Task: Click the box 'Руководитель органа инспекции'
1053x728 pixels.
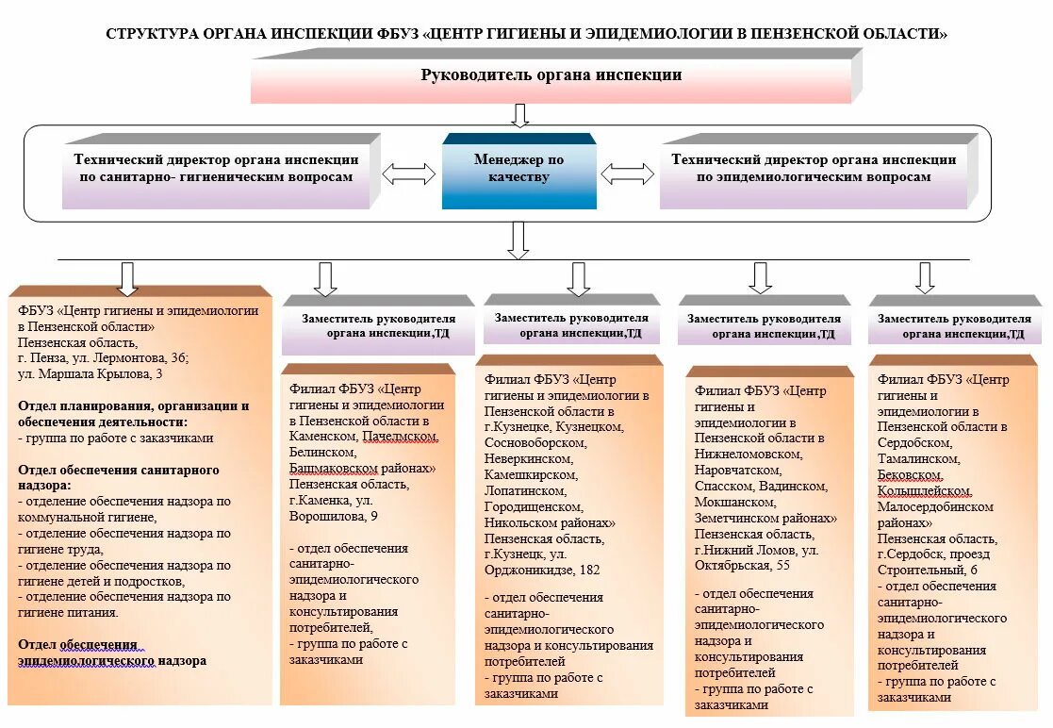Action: point(551,75)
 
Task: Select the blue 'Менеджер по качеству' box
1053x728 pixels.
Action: point(519,170)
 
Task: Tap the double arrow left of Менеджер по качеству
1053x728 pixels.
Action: point(408,174)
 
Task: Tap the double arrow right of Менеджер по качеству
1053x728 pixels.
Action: point(628,174)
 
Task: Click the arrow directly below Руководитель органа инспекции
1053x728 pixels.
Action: point(519,114)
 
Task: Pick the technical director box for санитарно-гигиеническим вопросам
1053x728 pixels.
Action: point(216,170)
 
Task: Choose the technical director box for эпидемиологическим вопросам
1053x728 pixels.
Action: point(814,170)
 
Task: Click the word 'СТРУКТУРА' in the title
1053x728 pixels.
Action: point(151,34)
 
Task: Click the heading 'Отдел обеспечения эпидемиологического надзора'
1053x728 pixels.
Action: point(111,653)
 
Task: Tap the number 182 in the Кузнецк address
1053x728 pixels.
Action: point(589,570)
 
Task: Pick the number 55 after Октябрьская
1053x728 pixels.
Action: point(782,565)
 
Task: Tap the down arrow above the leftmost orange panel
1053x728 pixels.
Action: point(128,277)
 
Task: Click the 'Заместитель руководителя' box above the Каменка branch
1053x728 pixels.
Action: point(378,326)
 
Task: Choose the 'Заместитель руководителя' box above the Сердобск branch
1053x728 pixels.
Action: point(954,326)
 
